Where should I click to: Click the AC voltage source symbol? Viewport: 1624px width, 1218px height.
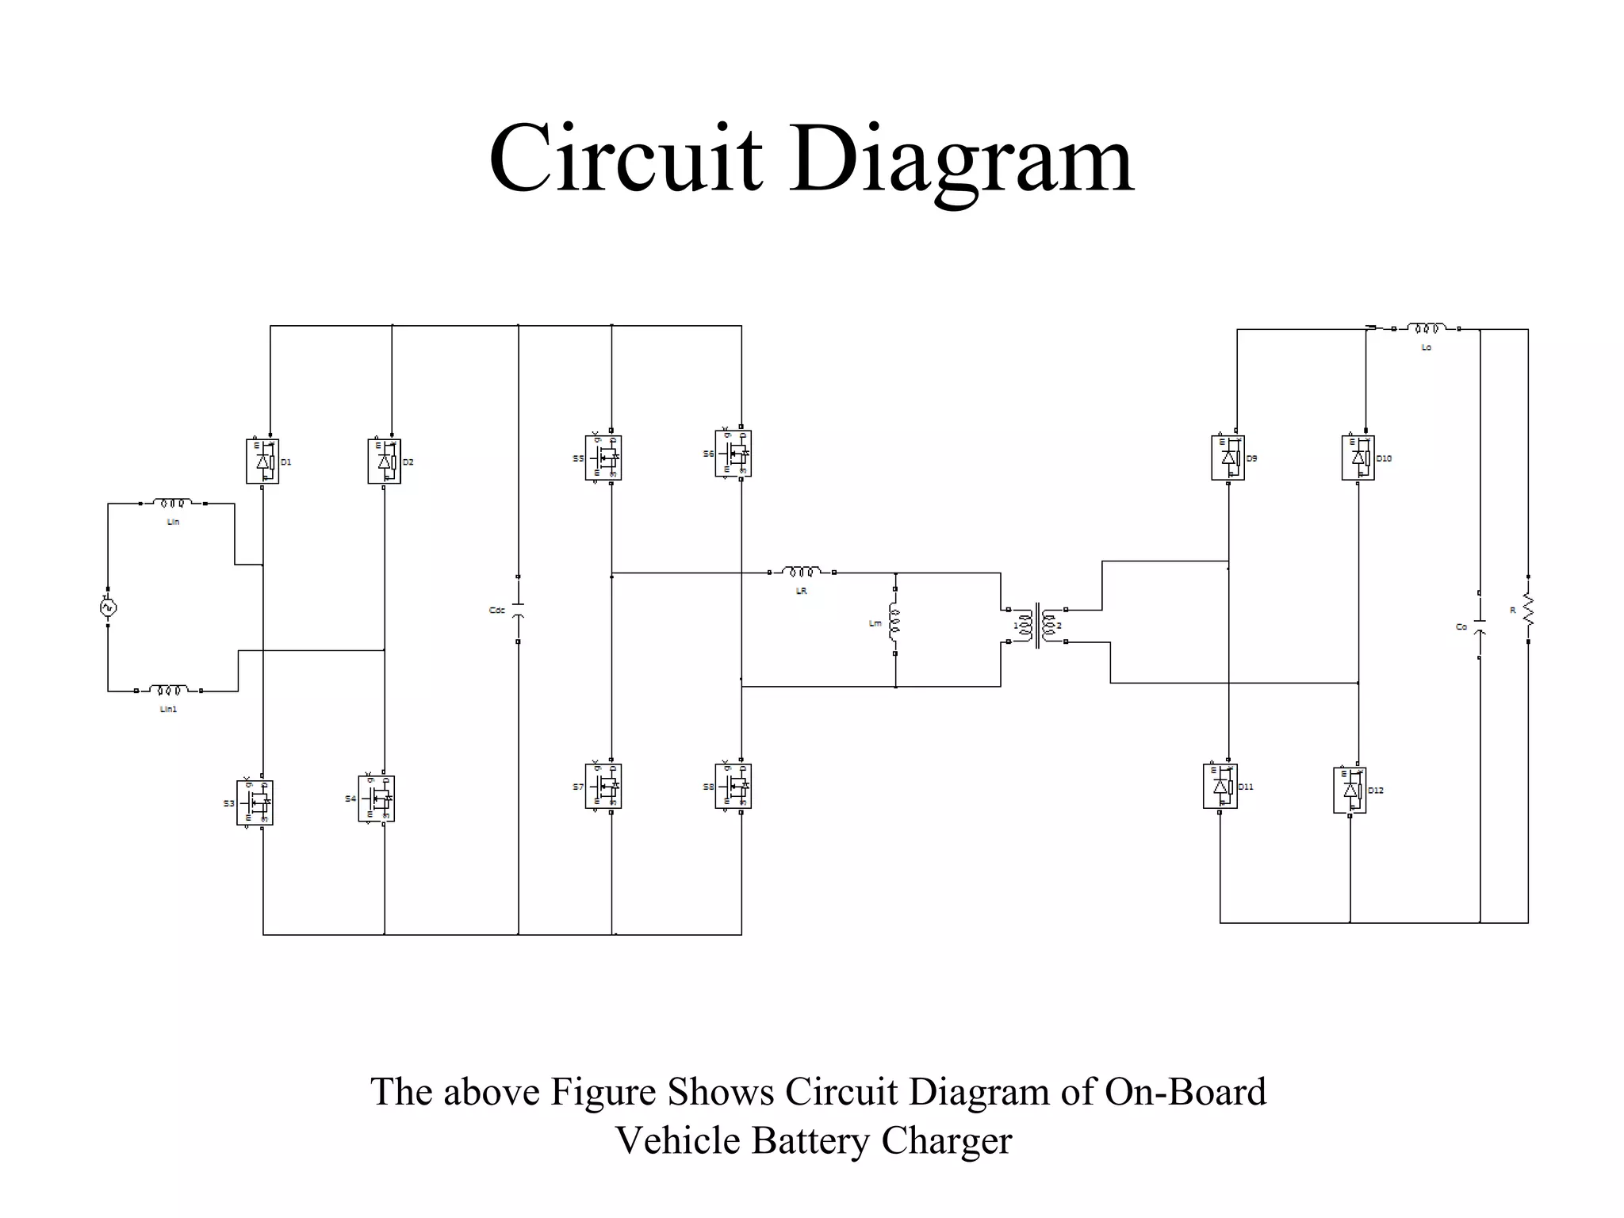tap(108, 607)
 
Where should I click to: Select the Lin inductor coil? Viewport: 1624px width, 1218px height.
tap(173, 503)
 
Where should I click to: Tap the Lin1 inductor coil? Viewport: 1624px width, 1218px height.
tap(168, 691)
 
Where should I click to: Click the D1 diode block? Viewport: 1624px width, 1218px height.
tap(262, 462)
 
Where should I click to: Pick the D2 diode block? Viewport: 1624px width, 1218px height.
tap(385, 462)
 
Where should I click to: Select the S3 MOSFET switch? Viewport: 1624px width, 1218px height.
tap(255, 802)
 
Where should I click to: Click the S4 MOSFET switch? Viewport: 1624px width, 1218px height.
tap(377, 799)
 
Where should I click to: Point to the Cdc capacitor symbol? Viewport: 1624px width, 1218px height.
tap(518, 609)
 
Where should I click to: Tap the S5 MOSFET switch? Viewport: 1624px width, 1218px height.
tap(603, 458)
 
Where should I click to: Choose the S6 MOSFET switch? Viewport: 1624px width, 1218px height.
tap(733, 454)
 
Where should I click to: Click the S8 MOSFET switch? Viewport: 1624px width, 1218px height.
tap(733, 786)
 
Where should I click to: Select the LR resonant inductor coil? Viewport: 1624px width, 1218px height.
tap(802, 572)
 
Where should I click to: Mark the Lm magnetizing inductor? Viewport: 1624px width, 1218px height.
tap(894, 622)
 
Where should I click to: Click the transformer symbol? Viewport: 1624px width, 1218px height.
tap(1037, 626)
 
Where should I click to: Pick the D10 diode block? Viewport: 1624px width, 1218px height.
tap(1358, 458)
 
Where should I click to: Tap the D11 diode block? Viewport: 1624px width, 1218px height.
tap(1220, 786)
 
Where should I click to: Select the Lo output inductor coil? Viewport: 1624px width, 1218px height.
tap(1427, 328)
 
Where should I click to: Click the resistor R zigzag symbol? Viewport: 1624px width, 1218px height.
tap(1528, 610)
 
